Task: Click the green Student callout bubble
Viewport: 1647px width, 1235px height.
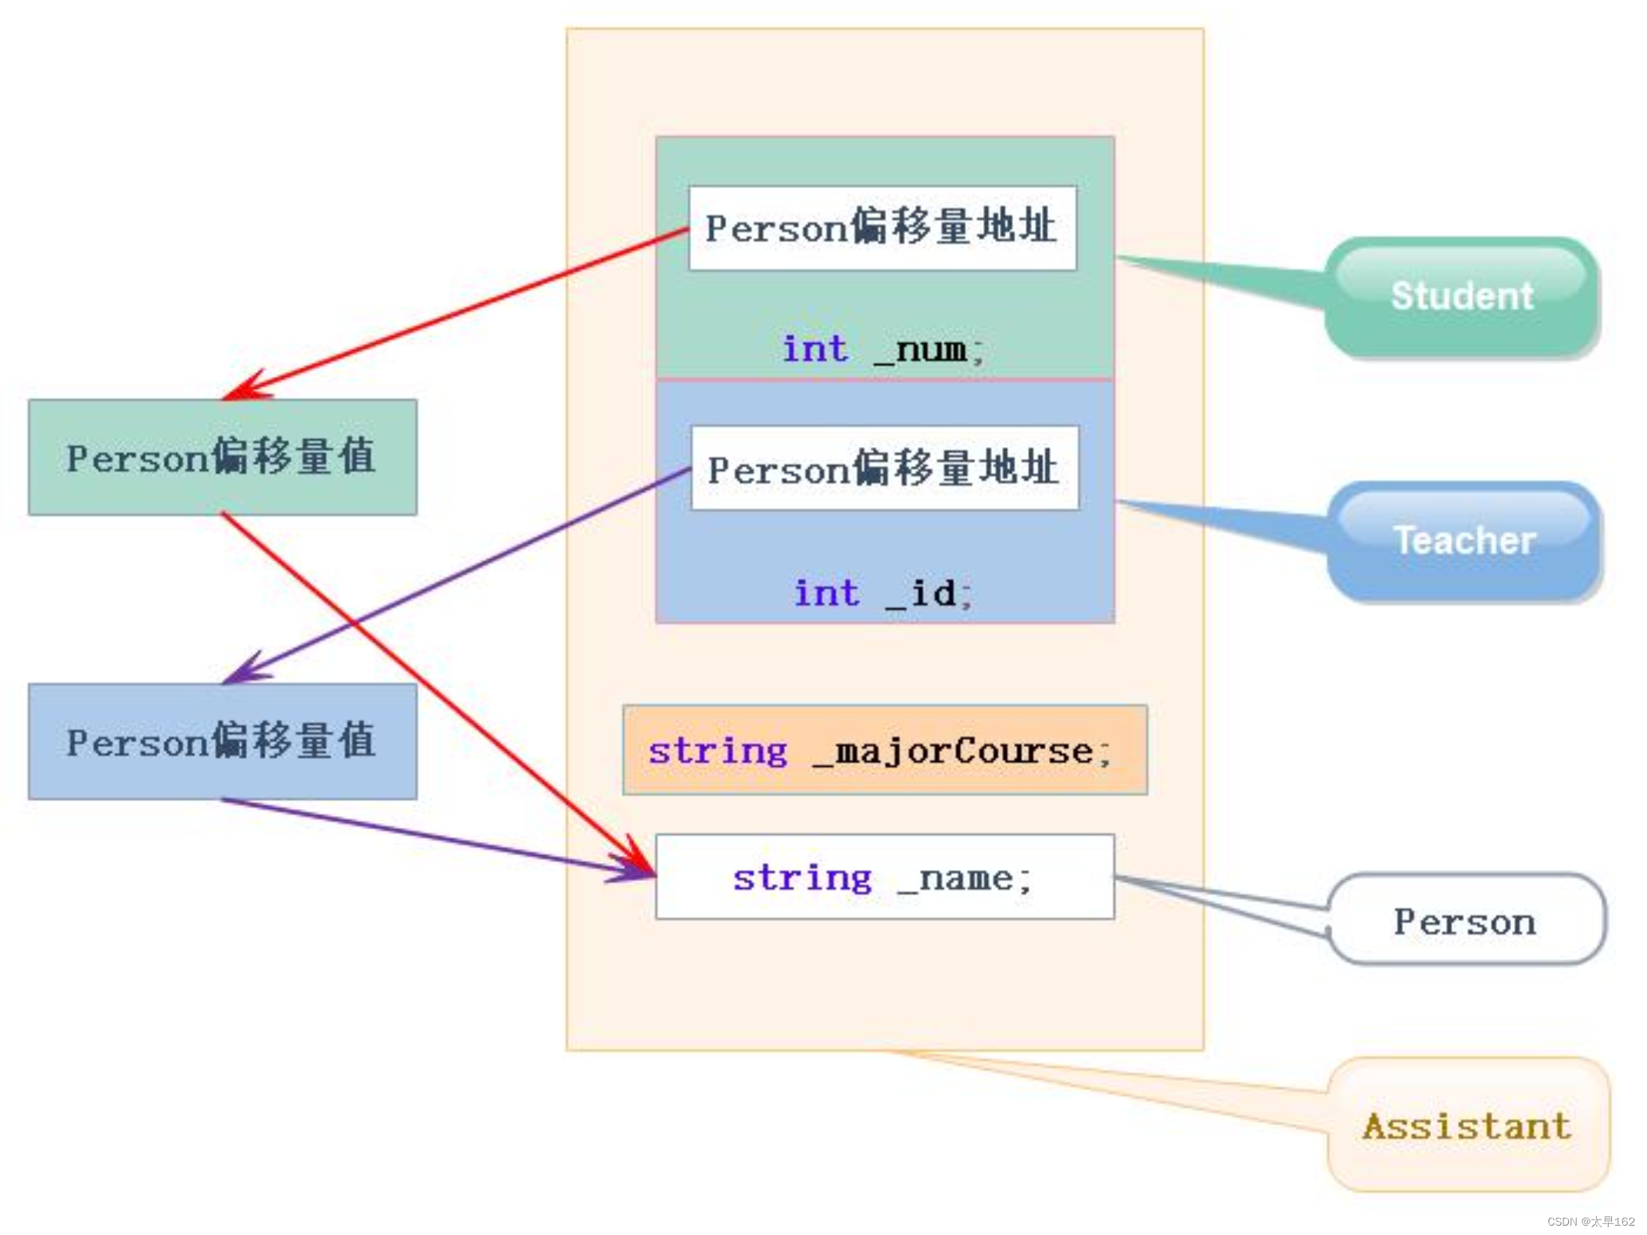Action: click(x=1462, y=297)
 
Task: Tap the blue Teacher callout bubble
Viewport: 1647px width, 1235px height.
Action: click(x=1464, y=541)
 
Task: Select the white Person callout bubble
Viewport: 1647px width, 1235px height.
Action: click(x=1466, y=920)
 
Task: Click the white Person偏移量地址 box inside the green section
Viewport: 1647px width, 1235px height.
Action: click(x=882, y=228)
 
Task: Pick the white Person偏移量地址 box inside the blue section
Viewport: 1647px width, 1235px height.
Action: click(x=884, y=468)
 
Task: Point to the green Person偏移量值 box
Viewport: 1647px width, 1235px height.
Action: click(x=222, y=457)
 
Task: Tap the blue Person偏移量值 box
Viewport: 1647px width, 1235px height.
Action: click(x=222, y=741)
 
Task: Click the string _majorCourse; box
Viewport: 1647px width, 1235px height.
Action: click(x=884, y=750)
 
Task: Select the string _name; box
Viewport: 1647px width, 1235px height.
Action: click(x=884, y=877)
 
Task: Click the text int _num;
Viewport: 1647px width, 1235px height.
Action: click(x=884, y=349)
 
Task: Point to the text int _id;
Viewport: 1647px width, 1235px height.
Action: click(x=884, y=592)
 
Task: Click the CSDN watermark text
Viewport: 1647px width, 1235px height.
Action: click(x=1590, y=1221)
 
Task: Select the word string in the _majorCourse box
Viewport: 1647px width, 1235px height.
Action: click(x=718, y=752)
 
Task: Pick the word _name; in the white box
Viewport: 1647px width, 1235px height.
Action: click(x=965, y=879)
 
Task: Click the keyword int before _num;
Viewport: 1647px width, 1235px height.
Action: click(x=815, y=349)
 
